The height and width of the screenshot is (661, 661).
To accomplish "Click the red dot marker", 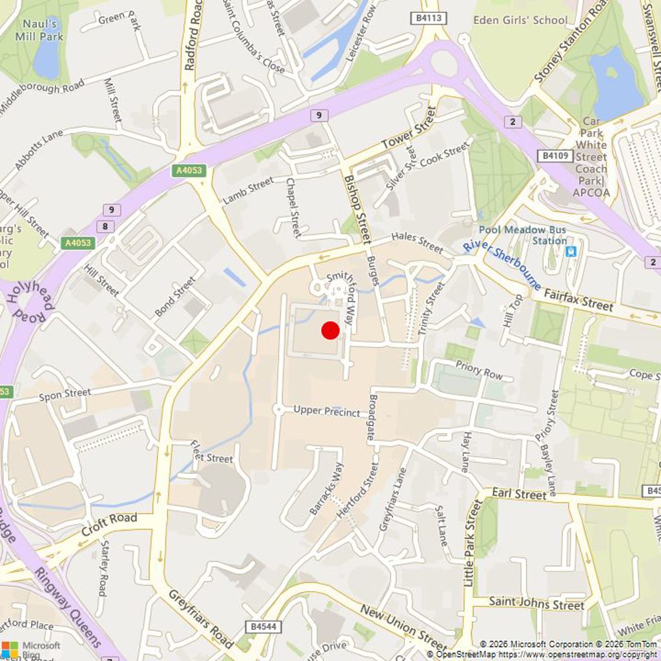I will (x=330, y=330).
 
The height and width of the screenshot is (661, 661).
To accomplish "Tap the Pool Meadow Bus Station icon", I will (x=571, y=251).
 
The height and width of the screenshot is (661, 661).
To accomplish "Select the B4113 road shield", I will (x=429, y=19).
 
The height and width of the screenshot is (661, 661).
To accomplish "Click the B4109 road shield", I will (x=555, y=156).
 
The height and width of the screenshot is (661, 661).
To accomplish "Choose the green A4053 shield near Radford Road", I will (x=189, y=171).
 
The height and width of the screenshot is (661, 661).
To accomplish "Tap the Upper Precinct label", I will (x=327, y=411).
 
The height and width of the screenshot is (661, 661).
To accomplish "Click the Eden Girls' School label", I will (x=520, y=20).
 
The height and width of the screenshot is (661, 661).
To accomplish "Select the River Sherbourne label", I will (x=502, y=265).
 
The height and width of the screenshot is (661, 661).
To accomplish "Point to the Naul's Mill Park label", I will (x=43, y=30).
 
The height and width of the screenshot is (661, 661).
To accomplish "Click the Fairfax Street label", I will (x=578, y=301).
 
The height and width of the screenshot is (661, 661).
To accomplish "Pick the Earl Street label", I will (x=519, y=494).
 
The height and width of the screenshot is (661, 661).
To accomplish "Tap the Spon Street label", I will (x=65, y=394).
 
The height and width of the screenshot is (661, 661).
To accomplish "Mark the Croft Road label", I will (x=110, y=526).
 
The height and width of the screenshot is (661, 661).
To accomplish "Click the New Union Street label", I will (x=403, y=627).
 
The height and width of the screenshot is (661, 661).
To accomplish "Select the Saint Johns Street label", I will (x=536, y=604).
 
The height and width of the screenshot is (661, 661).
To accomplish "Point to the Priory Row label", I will (x=479, y=370).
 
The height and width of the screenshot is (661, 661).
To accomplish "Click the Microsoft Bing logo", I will (x=31, y=648).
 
